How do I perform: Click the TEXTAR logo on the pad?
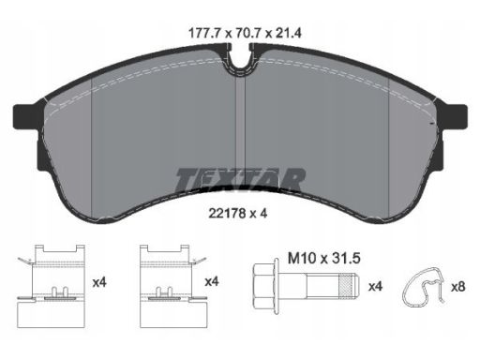click(x=240, y=180)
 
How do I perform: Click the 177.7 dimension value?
click(x=205, y=33)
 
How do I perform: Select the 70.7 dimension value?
click(x=247, y=33)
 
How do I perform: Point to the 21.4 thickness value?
click(x=288, y=33)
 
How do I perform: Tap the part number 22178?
click(x=227, y=214)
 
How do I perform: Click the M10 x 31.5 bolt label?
click(x=324, y=259)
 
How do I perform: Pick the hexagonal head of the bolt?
click(x=264, y=286)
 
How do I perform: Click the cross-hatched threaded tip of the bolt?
click(x=347, y=286)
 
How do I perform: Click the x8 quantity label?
click(x=457, y=287)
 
